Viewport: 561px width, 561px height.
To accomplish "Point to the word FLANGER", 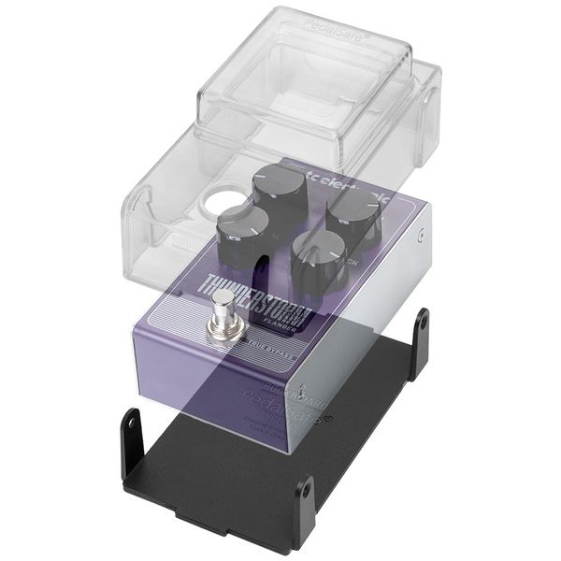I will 281,326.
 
